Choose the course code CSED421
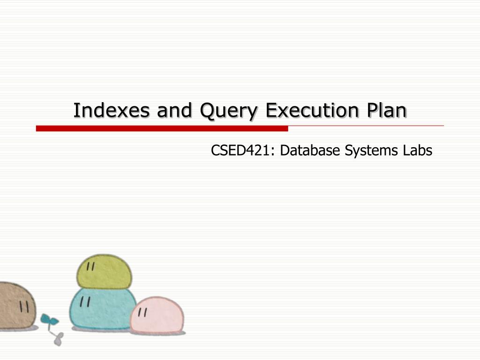click(x=240, y=150)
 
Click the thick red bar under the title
click(x=162, y=128)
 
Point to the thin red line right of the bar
click(x=366, y=126)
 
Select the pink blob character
click(x=157, y=315)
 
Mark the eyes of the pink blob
click(x=143, y=311)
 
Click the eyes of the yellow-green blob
click(x=91, y=266)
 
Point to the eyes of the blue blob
click(x=85, y=301)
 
